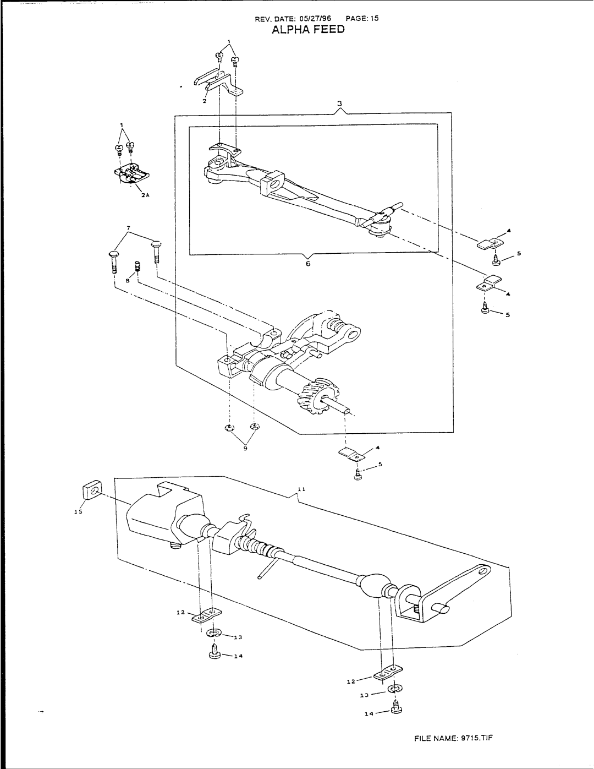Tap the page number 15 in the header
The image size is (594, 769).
pos(374,18)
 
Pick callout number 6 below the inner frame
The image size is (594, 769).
pos(308,264)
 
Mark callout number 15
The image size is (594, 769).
pos(78,512)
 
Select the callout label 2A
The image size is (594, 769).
pos(145,194)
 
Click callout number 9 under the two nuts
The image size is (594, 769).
pos(245,449)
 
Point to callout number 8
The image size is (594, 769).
pos(127,280)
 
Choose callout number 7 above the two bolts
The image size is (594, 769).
pos(130,227)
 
